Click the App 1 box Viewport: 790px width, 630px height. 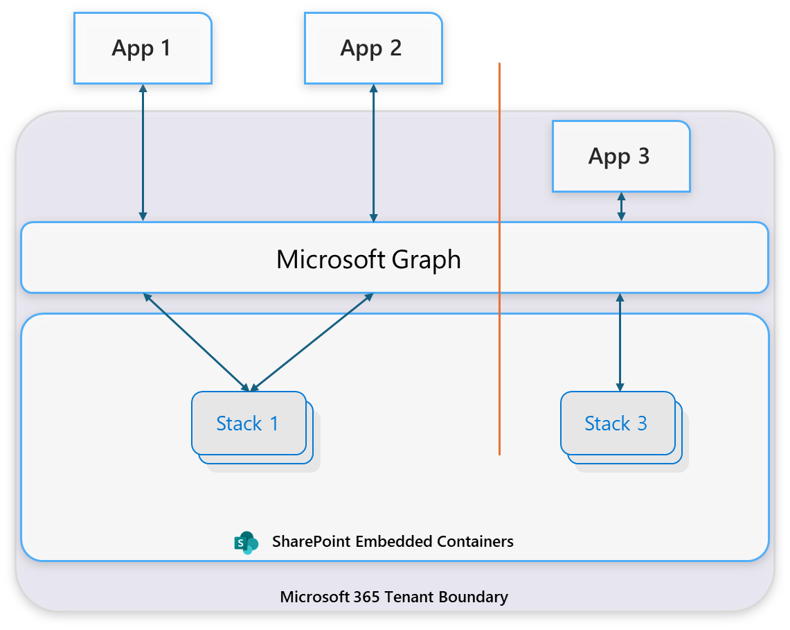pos(142,48)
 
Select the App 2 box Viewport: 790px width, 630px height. pos(372,48)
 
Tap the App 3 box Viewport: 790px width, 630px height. pos(620,156)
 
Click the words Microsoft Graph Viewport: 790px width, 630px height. pos(368,259)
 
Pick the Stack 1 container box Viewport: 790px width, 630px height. pos(249,423)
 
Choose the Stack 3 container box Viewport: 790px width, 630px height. pos(617,423)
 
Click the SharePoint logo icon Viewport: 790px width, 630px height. pos(246,543)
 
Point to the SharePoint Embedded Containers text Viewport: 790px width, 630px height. pos(393,541)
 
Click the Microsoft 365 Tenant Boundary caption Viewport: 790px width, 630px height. pos(394,597)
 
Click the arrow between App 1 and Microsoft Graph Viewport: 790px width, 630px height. pos(143,152)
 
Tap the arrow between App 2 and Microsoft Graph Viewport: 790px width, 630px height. pos(374,152)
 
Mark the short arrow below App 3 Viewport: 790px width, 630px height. pos(621,207)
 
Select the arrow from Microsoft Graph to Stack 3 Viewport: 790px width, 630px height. pos(620,342)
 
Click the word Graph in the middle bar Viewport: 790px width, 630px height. pos(426,260)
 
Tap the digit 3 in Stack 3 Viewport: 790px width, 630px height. pos(642,423)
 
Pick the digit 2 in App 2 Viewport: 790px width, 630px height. pos(395,48)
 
